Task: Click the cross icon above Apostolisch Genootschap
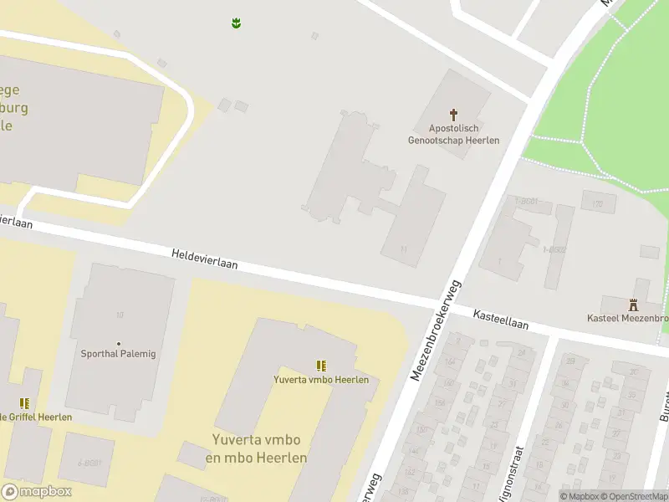click(454, 114)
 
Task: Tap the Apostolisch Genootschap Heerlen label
click(453, 135)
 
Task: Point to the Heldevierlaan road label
click(205, 258)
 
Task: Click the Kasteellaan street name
click(501, 319)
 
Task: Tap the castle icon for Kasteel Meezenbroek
click(632, 305)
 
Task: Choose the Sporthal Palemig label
click(118, 354)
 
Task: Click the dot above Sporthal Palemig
click(119, 343)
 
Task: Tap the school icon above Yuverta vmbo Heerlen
click(320, 366)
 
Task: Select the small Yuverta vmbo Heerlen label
click(321, 380)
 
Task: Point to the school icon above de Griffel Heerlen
click(24, 403)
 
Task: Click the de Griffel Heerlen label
click(37, 417)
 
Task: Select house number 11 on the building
click(403, 248)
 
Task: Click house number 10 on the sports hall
click(120, 315)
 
